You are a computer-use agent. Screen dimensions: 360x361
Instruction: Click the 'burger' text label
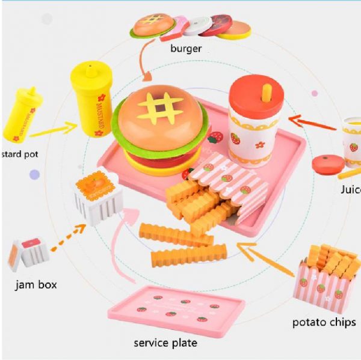click(x=186, y=49)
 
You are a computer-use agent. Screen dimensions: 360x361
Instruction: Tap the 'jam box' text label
click(x=36, y=284)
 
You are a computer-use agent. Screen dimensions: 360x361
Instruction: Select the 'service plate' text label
click(x=165, y=343)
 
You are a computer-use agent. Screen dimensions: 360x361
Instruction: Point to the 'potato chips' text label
click(x=324, y=322)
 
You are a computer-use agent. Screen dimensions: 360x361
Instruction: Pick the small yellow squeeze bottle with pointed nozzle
click(x=23, y=114)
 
